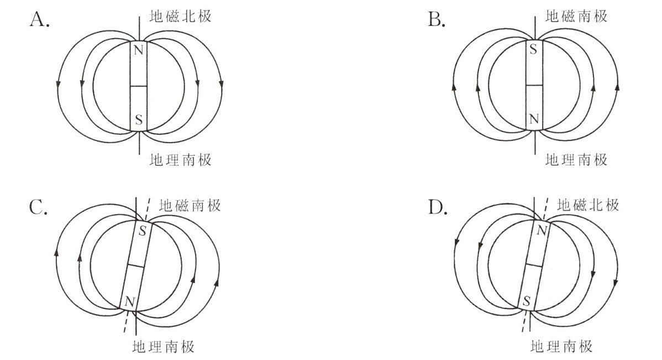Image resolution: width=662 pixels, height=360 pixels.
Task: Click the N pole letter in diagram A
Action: click(139, 51)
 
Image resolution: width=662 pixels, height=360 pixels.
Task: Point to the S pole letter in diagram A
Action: click(139, 119)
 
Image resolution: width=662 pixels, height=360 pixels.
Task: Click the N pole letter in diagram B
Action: click(533, 118)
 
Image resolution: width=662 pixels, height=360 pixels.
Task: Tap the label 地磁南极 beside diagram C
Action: click(190, 206)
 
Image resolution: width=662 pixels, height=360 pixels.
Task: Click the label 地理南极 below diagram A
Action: click(181, 160)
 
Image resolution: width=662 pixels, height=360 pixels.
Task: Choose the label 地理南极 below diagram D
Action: click(561, 347)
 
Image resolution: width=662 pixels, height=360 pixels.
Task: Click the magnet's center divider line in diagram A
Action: click(139, 86)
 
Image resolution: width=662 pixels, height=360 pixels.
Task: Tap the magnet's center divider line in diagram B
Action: click(533, 85)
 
